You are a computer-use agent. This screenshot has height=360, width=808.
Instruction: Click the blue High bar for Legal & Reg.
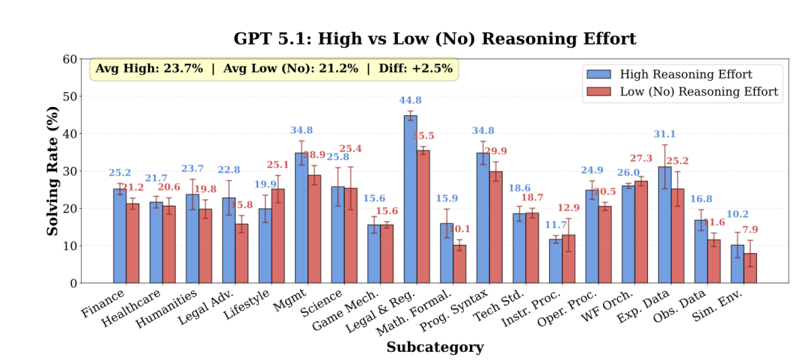click(410, 199)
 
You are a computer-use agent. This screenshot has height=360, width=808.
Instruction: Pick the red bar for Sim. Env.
click(750, 268)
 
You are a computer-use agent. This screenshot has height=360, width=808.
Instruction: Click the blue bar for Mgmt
click(301, 218)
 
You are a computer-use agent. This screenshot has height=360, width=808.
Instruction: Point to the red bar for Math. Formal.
click(459, 264)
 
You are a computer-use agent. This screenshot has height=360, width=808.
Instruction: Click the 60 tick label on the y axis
click(70, 59)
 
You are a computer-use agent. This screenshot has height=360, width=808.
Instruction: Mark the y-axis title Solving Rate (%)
click(53, 171)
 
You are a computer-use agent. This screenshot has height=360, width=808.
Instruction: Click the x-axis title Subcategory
click(435, 347)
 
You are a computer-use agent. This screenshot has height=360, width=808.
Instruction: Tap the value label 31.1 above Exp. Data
click(665, 134)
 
